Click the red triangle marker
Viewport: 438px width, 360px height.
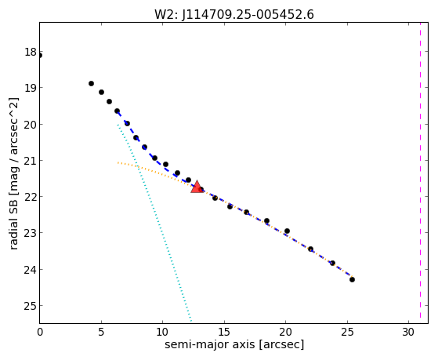pyautogui.click(x=197, y=187)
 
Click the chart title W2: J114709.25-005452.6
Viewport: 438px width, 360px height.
pyautogui.click(x=234, y=15)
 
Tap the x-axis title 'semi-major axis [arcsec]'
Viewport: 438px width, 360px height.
pyautogui.click(x=234, y=344)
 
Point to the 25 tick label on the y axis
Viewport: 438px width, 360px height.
pyautogui.click(x=30, y=306)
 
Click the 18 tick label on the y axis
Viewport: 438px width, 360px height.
pyautogui.click(x=30, y=52)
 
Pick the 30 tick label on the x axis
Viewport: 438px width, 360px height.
pyautogui.click(x=408, y=332)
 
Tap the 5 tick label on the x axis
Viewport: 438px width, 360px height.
pyautogui.click(x=101, y=332)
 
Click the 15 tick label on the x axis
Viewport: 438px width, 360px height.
pyautogui.click(x=224, y=332)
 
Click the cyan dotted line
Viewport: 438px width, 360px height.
pyautogui.click(x=154, y=223)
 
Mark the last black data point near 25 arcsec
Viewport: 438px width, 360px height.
pyautogui.click(x=352, y=279)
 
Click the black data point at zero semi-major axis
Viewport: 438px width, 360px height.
pyautogui.click(x=40, y=56)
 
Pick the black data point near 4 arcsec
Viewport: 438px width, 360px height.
pyautogui.click(x=91, y=83)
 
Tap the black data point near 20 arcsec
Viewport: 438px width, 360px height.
pyautogui.click(x=287, y=231)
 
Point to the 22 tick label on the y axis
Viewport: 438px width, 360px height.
pyautogui.click(x=30, y=197)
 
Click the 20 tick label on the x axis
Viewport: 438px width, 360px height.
pyautogui.click(x=285, y=332)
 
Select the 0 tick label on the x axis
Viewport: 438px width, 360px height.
pyautogui.click(x=40, y=332)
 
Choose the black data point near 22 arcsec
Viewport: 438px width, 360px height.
pyautogui.click(x=310, y=249)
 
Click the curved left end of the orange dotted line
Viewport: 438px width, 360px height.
pyautogui.click(x=118, y=162)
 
